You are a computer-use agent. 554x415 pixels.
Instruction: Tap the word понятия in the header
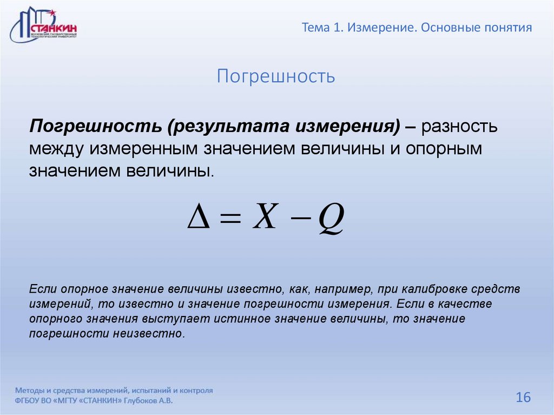(x=507, y=28)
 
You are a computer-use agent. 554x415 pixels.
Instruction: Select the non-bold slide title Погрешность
(x=276, y=76)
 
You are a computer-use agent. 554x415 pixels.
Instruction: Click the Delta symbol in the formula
(x=198, y=221)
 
